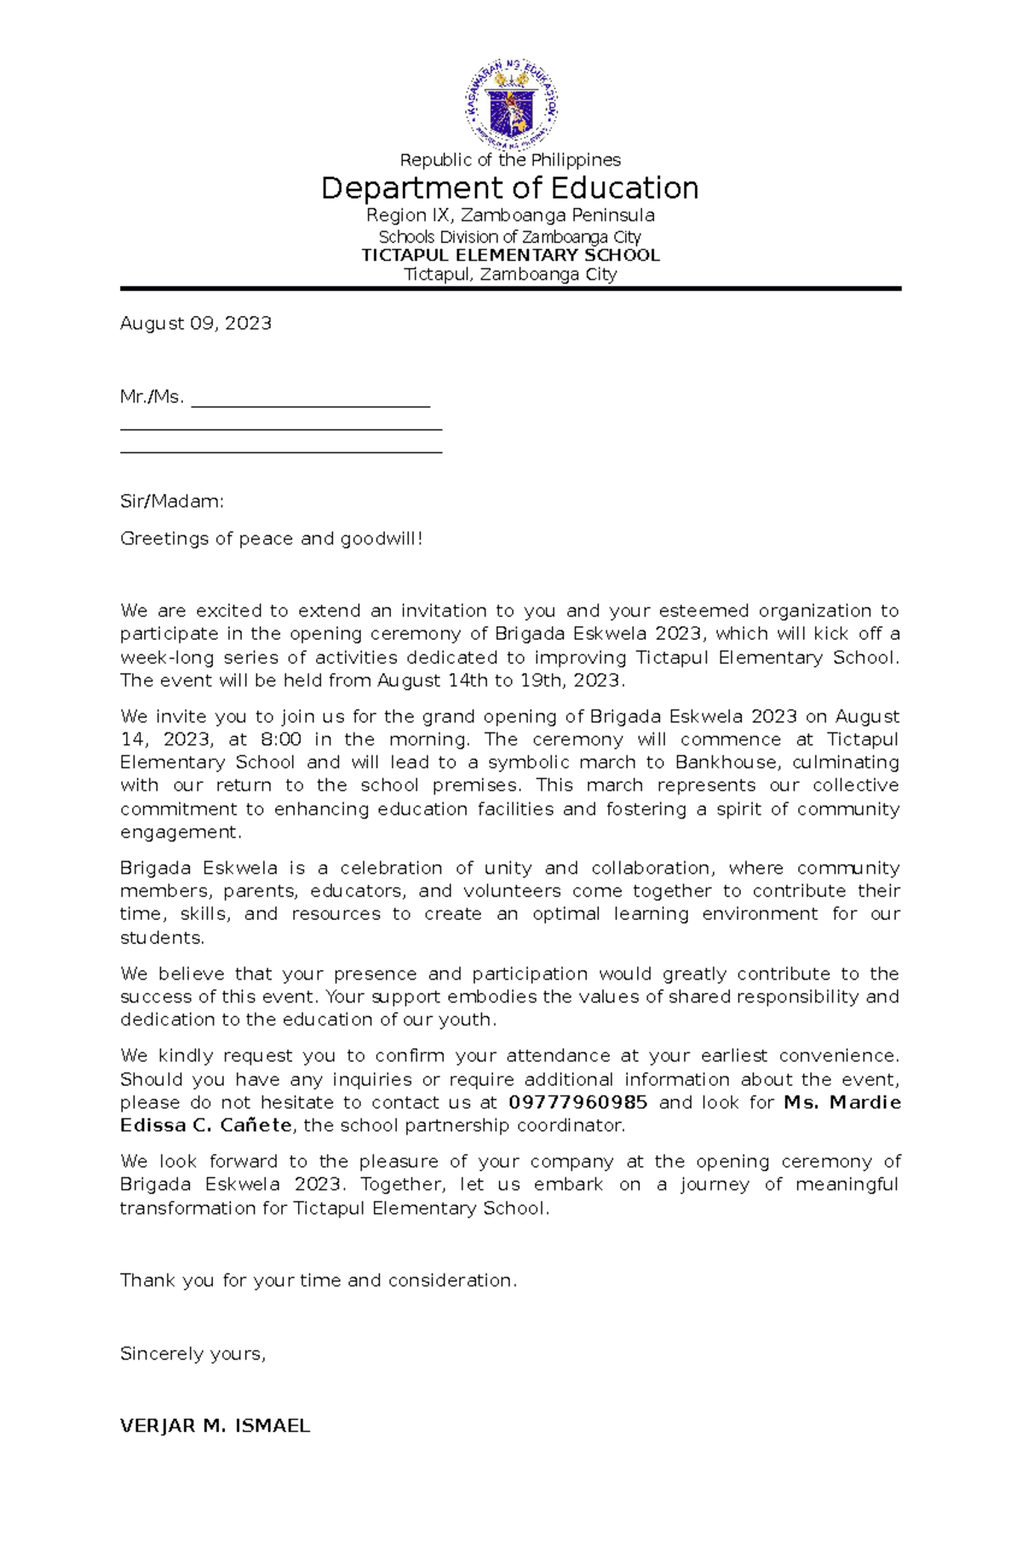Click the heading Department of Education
tap(509, 188)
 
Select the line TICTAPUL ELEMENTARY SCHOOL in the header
tap(510, 256)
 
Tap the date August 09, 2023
tap(196, 324)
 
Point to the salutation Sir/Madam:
tap(172, 502)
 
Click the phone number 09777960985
tap(577, 1102)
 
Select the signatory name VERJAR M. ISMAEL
tap(215, 1426)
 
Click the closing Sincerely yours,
tap(193, 1354)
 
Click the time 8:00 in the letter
tap(281, 739)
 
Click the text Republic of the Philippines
tap(510, 160)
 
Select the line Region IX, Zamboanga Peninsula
tap(510, 215)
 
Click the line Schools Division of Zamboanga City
tap(509, 237)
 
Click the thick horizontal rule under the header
tap(510, 290)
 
